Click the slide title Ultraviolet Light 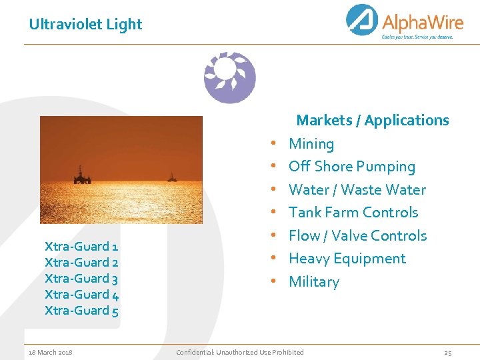pyautogui.click(x=85, y=25)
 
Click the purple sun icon pyautogui.click(x=229, y=77)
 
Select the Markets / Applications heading pyautogui.click(x=372, y=121)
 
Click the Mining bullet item pyautogui.click(x=311, y=144)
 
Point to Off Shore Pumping pyautogui.click(x=351, y=167)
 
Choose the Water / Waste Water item pyautogui.click(x=357, y=190)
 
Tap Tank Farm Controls pyautogui.click(x=353, y=213)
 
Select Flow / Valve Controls pyautogui.click(x=357, y=236)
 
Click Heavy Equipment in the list pyautogui.click(x=347, y=259)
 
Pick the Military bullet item pyautogui.click(x=313, y=282)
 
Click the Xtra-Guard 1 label pyautogui.click(x=81, y=247)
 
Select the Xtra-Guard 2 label pyautogui.click(x=81, y=263)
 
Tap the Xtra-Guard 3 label pyautogui.click(x=81, y=279)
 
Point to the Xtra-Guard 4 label pyautogui.click(x=81, y=295)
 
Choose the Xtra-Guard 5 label pyautogui.click(x=81, y=311)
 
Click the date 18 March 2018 pyautogui.click(x=51, y=352)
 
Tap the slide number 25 pyautogui.click(x=448, y=352)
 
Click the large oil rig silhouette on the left pyautogui.click(x=82, y=175)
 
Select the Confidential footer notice pyautogui.click(x=239, y=352)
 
